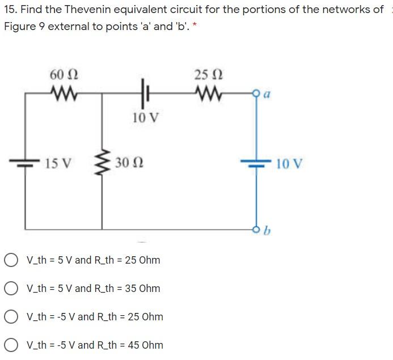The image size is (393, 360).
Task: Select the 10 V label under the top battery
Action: coord(146,118)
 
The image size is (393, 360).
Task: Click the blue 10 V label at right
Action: coord(290,164)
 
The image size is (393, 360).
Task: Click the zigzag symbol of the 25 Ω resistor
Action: coord(209,92)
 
